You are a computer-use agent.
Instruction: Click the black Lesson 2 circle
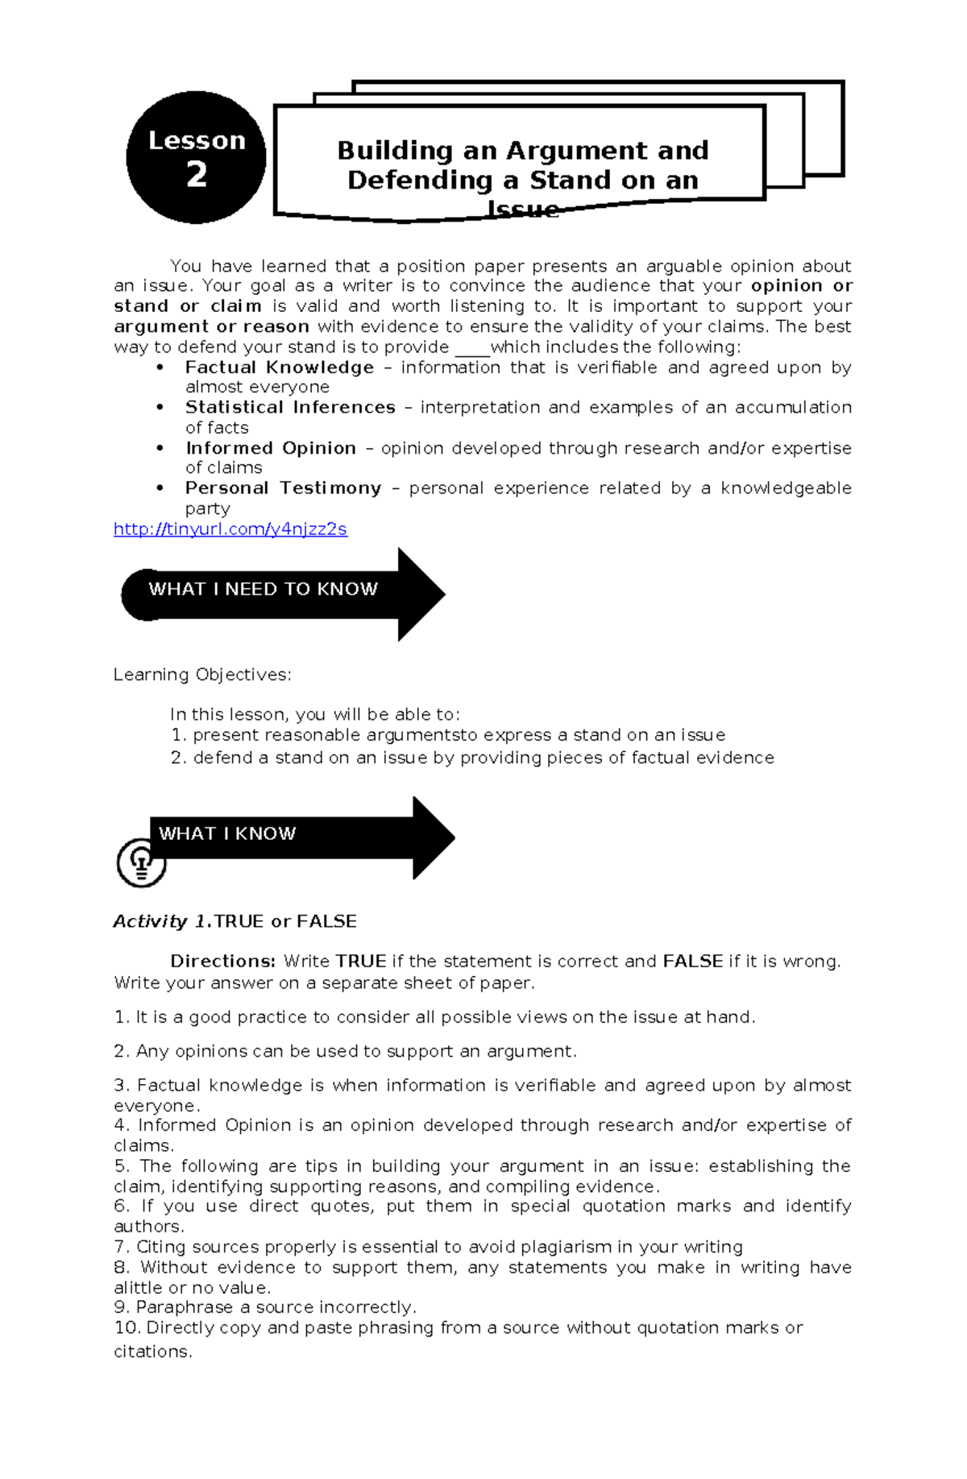click(196, 157)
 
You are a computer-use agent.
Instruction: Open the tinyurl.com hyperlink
click(230, 530)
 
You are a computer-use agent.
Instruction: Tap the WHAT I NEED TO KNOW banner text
click(263, 589)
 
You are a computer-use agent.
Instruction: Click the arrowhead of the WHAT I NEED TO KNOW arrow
click(421, 595)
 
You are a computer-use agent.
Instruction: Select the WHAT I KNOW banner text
click(227, 833)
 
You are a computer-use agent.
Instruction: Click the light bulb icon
click(141, 862)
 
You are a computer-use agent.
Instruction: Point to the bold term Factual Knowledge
click(279, 368)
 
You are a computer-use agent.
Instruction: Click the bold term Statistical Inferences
click(290, 408)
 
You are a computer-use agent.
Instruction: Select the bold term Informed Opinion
click(271, 448)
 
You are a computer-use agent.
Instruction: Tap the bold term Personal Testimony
click(283, 488)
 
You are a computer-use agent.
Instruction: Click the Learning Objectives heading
click(202, 675)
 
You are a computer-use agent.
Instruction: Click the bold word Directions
click(222, 962)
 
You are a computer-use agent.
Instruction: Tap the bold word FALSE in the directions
click(692, 962)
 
